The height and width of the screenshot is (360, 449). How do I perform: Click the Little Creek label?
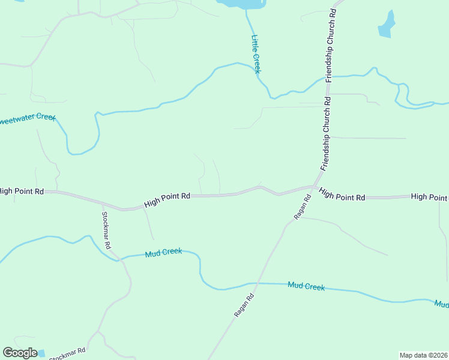(x=256, y=54)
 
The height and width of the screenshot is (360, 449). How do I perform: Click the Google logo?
(x=20, y=352)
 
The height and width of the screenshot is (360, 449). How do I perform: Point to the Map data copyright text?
(x=423, y=355)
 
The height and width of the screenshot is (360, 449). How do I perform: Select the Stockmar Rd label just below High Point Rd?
(x=106, y=230)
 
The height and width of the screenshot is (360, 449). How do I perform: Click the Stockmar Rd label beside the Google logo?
(x=67, y=353)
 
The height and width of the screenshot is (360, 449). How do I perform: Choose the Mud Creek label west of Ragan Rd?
(x=163, y=252)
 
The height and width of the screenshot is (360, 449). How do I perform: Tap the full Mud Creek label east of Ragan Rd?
(x=306, y=286)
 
